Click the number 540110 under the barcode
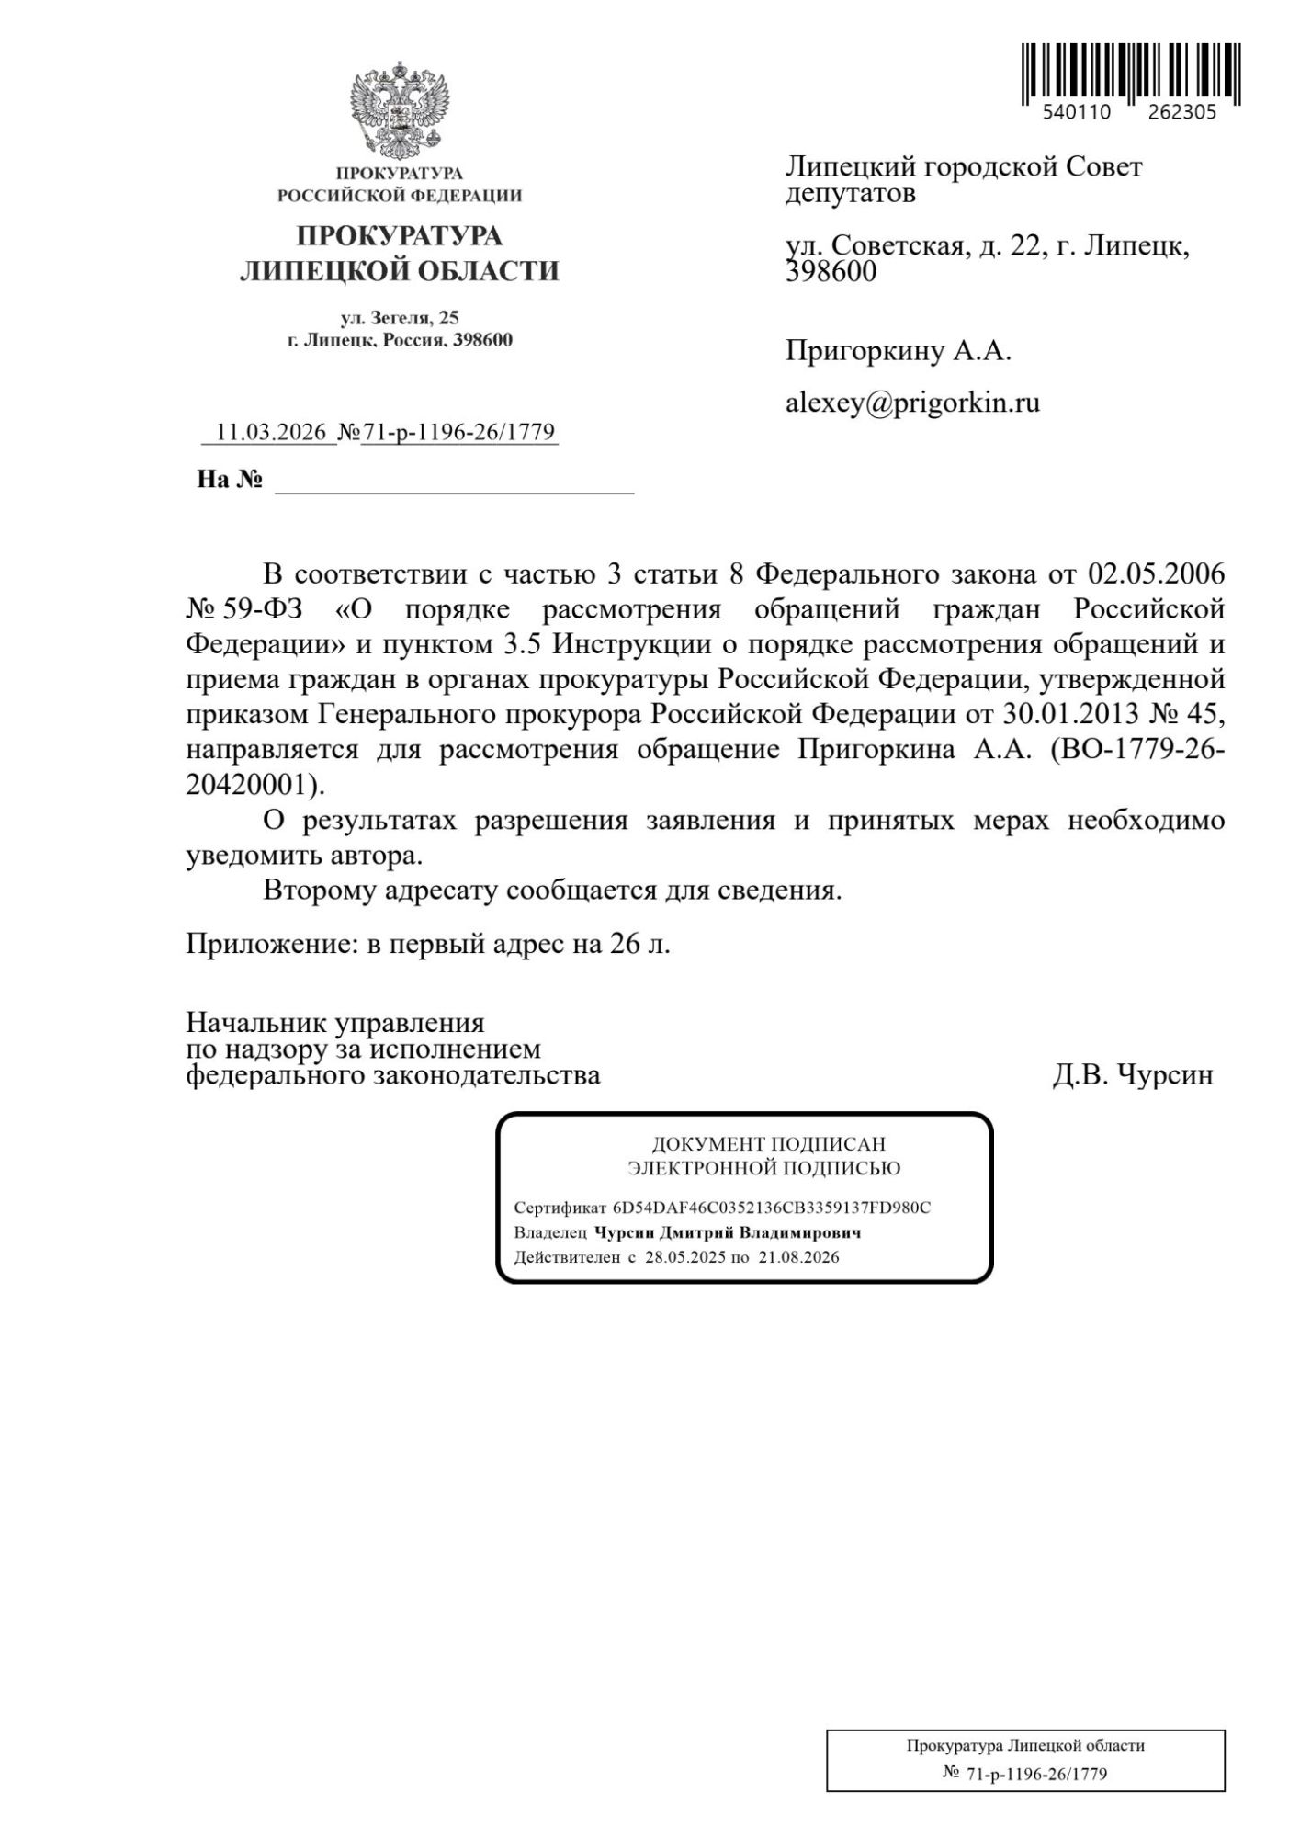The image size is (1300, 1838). pos(1077,113)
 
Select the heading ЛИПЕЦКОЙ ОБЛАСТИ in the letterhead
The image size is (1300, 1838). pos(400,271)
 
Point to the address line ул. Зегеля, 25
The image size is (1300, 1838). pos(400,318)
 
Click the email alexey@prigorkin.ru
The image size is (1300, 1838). pos(912,403)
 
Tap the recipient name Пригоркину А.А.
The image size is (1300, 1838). pos(898,351)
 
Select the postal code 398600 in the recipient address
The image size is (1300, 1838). pos(831,272)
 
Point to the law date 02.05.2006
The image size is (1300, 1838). pos(1157,574)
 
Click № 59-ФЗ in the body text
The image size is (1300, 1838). pos(244,609)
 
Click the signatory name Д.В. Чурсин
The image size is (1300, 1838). pos(1132,1074)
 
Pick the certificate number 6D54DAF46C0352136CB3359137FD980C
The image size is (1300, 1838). pos(772,1208)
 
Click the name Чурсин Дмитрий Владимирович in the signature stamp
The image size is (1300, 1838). pos(728,1233)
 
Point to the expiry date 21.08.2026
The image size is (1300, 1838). pos(798,1257)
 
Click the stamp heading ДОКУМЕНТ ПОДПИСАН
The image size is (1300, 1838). pos(768,1144)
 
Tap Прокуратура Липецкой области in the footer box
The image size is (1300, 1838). pos(1025,1745)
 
